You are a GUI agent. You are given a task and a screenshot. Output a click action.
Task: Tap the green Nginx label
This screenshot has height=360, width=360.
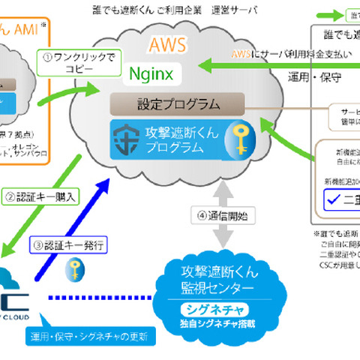[x=151, y=73]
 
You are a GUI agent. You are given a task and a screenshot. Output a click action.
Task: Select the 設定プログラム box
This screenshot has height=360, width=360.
[x=176, y=103]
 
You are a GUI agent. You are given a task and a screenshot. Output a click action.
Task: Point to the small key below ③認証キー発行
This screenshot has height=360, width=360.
[x=75, y=268]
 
